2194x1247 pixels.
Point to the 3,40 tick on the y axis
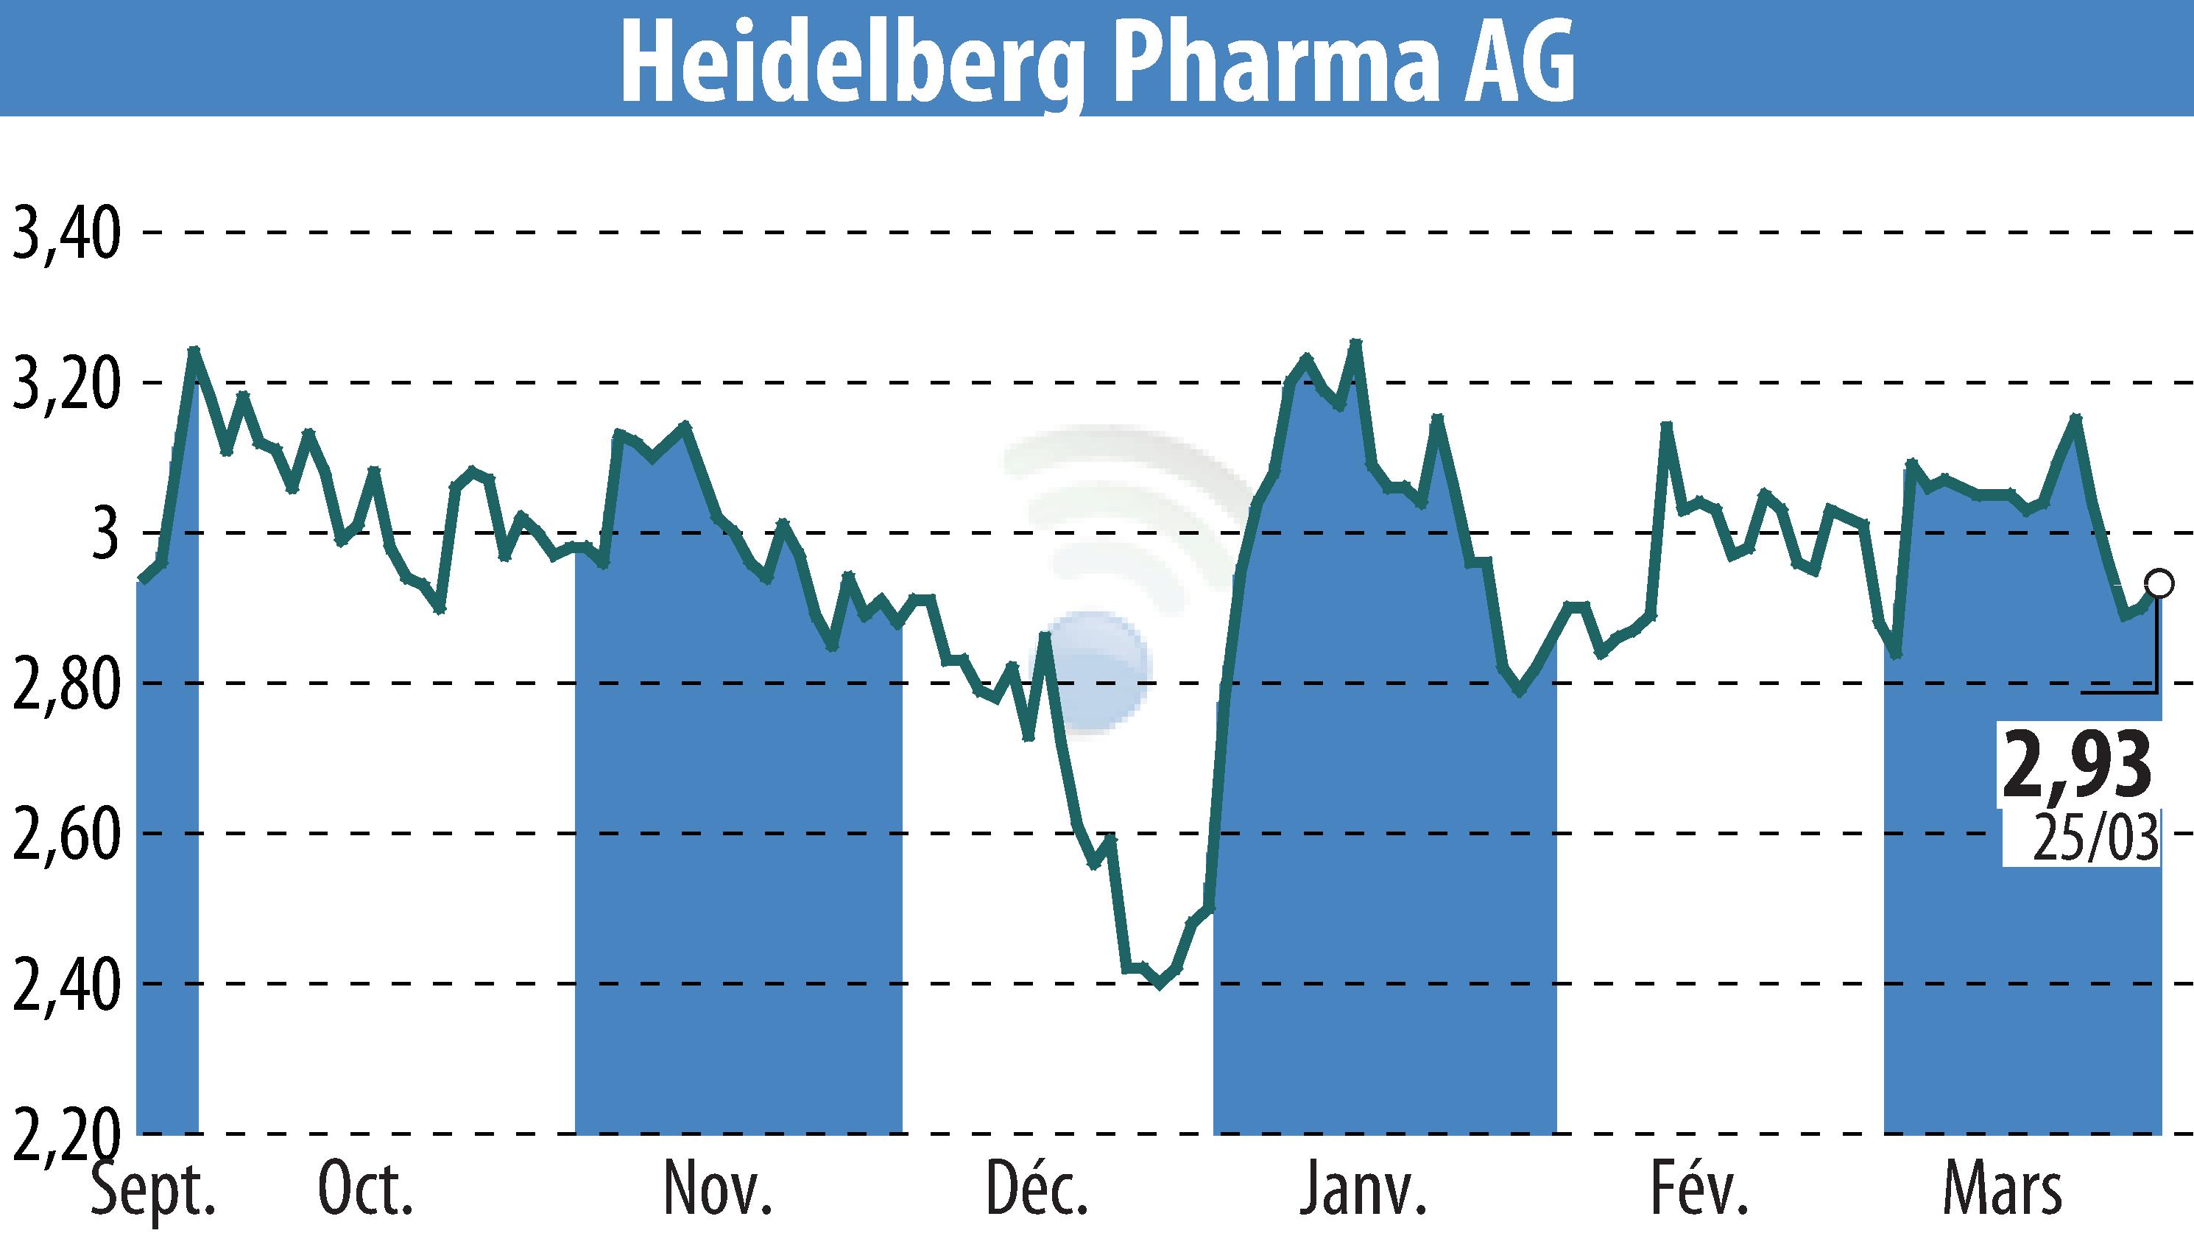point(64,233)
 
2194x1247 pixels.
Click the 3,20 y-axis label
point(64,384)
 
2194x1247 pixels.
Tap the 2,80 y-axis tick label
point(64,684)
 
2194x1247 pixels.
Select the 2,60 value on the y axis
point(64,835)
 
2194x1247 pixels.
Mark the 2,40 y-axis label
point(64,985)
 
